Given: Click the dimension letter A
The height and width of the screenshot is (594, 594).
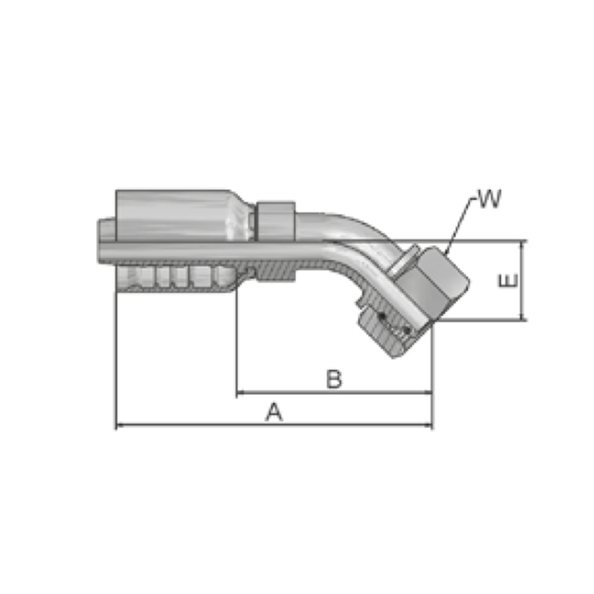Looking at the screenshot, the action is [x=274, y=412].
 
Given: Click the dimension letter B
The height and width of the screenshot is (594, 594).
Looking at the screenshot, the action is [x=334, y=379].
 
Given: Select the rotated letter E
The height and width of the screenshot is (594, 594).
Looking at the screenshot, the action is [x=508, y=281].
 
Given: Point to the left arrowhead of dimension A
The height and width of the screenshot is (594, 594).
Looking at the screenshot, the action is [x=119, y=425].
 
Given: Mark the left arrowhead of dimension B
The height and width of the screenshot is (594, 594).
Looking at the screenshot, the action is [x=240, y=393].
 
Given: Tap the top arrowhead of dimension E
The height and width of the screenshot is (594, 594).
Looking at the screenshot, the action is [x=522, y=245].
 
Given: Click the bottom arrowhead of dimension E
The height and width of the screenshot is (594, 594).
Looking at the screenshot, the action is [x=522, y=316].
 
